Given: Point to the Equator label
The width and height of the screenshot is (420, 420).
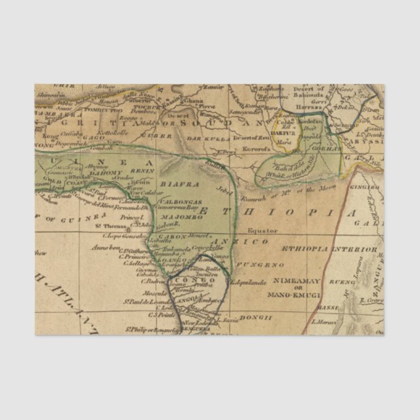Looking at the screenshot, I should point(262,230).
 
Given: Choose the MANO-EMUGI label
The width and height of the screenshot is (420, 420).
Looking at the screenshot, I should point(293,295).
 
